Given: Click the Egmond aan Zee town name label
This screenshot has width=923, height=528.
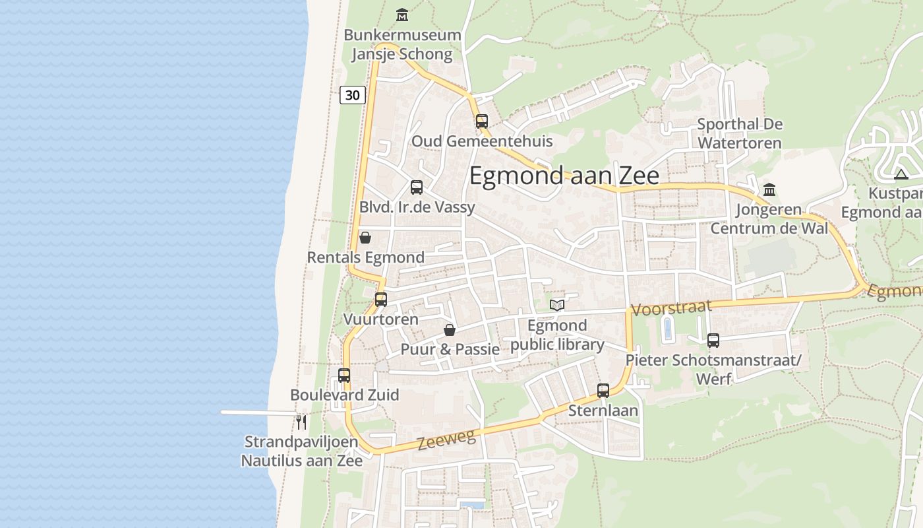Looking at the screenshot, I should (564, 176).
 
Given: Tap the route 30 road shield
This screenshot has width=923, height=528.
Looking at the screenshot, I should (353, 95).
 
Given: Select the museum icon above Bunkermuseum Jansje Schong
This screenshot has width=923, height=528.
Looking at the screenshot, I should (402, 15).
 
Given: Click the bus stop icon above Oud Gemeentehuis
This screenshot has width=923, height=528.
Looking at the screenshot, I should (482, 121).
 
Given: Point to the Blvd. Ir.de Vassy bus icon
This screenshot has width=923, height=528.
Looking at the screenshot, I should (417, 187).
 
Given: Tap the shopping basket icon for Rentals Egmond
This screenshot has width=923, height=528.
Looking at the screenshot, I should (365, 238).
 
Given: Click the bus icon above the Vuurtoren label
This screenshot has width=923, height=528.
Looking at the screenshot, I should (381, 300).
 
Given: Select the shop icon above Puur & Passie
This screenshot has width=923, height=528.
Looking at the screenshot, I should (450, 330).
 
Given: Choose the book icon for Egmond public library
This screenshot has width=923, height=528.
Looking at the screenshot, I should (557, 305).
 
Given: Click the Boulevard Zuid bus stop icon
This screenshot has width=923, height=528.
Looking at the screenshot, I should (344, 376).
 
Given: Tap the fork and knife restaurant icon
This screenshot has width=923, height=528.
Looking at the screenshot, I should (301, 422).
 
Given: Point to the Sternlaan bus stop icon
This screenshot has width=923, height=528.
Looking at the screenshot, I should (603, 391).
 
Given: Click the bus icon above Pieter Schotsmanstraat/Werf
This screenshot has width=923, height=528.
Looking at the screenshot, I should (713, 341).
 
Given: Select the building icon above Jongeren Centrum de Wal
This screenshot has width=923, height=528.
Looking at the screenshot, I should (769, 190).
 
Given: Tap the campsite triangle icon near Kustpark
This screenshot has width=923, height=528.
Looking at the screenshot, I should (901, 175).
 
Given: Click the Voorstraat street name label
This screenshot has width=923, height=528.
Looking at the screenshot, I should (672, 308).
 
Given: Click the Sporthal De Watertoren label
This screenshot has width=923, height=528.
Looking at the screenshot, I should (739, 133).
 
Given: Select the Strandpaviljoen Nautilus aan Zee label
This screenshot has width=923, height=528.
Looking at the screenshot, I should (301, 451).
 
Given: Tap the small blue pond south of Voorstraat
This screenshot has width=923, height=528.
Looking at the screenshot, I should (667, 329).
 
